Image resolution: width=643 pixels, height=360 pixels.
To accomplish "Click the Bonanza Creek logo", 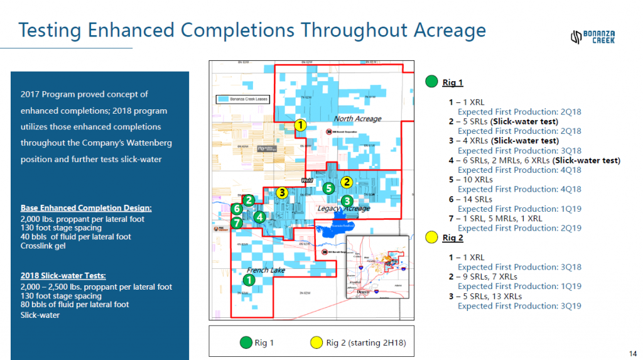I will click(x=592, y=37).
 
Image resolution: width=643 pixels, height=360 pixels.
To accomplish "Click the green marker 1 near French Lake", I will click(x=249, y=280).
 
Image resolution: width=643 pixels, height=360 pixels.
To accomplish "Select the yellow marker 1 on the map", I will click(x=300, y=126).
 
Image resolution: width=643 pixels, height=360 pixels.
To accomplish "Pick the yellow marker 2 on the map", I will click(x=345, y=182).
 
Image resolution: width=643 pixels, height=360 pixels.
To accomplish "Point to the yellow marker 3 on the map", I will click(x=283, y=192).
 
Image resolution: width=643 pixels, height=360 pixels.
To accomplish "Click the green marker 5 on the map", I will click(x=328, y=188).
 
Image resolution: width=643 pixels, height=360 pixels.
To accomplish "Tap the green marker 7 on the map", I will click(x=236, y=222).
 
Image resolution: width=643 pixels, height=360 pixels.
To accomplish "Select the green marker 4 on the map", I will click(x=259, y=217).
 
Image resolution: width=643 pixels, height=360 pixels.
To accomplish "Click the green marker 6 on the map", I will click(x=237, y=209).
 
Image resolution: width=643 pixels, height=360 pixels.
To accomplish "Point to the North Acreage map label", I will click(x=357, y=119).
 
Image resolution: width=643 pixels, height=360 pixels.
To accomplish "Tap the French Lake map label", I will click(x=266, y=270).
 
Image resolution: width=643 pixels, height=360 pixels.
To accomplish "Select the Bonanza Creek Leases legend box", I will click(x=241, y=99).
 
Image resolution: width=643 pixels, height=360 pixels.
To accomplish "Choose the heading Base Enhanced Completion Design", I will click(x=86, y=208).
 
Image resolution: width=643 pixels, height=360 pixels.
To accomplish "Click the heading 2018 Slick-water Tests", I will click(x=63, y=276).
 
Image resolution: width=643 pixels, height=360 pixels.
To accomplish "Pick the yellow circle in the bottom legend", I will click(x=316, y=342).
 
